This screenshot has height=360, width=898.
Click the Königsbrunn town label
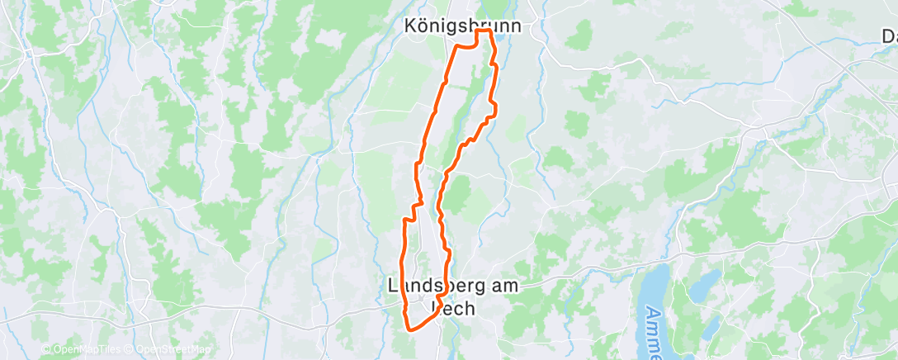click(462, 26)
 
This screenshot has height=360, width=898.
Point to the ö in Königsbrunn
click(423, 26)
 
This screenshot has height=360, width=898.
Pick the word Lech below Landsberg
click(453, 309)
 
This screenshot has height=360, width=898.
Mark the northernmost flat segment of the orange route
click(484, 31)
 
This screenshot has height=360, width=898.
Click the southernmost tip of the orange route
click(409, 330)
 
